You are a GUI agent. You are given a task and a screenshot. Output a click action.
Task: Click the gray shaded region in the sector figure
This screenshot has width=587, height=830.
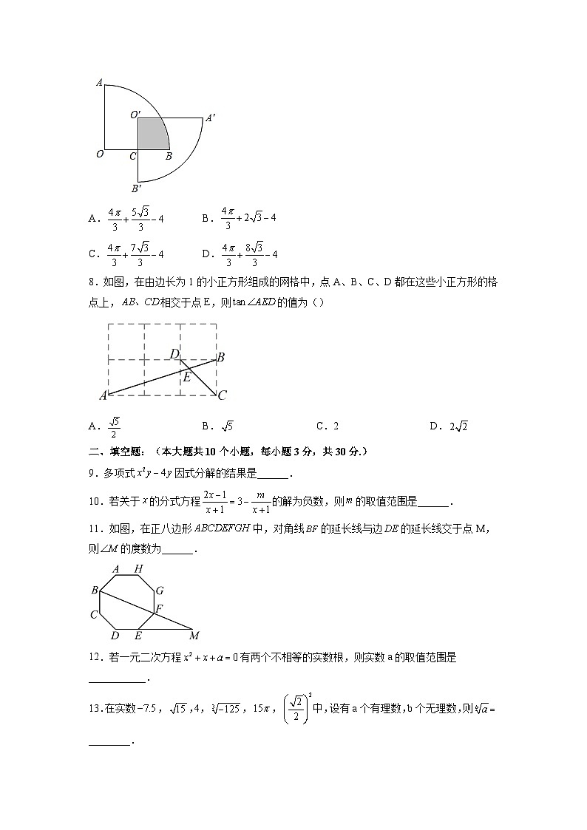152,135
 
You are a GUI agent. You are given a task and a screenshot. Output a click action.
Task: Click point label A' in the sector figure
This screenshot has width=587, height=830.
210,118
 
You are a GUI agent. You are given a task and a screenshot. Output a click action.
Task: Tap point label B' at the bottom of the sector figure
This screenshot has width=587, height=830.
136,188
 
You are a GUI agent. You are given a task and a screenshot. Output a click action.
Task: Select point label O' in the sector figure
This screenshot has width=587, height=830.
135,115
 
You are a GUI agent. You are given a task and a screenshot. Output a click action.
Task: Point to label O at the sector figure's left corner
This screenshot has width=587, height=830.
100,154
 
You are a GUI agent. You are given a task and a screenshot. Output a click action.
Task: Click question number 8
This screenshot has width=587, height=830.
92,282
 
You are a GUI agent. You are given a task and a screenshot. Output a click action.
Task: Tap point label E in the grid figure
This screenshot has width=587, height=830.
188,377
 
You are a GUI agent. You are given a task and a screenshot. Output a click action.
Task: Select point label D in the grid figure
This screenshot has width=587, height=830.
174,354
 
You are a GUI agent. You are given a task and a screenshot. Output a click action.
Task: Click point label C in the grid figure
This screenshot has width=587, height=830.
222,395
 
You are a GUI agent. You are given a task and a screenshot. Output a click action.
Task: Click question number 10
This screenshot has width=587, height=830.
94,502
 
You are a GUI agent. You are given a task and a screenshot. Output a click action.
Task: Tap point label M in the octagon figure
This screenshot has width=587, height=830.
194,636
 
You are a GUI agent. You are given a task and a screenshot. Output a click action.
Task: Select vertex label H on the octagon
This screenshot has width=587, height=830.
138,569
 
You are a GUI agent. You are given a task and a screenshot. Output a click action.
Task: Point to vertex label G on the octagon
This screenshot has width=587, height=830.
159,591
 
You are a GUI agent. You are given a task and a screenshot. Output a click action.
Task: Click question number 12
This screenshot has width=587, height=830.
94,657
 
